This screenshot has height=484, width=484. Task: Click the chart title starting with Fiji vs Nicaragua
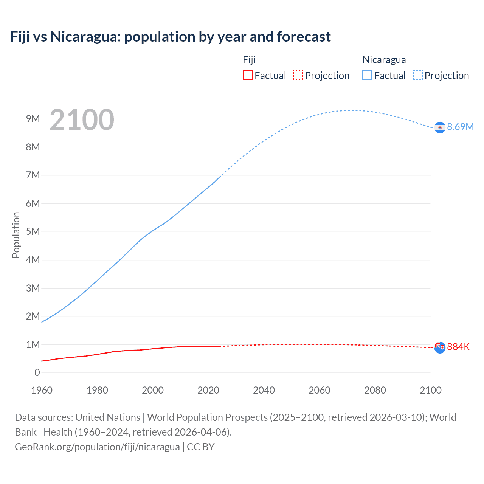tap(170, 37)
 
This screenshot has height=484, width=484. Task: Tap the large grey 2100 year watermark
tap(82, 120)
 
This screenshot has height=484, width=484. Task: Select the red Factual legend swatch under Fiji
tap(247, 75)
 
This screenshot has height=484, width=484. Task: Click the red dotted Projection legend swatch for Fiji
tap(298, 75)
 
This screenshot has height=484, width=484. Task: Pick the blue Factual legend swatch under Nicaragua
tap(367, 75)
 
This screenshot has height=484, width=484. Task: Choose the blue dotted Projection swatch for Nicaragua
tap(417, 75)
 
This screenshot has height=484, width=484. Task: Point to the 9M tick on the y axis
tap(33, 119)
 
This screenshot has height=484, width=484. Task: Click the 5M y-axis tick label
tap(33, 231)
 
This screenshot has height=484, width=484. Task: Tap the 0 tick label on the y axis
tap(37, 372)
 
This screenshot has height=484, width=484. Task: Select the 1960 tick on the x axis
tap(42, 390)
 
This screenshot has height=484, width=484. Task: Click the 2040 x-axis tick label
tap(264, 390)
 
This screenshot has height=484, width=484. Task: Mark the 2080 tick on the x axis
tap(375, 390)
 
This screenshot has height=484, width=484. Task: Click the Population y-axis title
tap(16, 235)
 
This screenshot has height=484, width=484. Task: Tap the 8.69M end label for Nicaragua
tap(460, 127)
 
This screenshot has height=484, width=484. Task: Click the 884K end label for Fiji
tap(458, 347)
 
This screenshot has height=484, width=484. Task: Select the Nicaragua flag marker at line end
tap(440, 128)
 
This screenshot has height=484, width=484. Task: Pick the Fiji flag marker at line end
tap(440, 347)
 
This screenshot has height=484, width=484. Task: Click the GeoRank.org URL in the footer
tap(97, 447)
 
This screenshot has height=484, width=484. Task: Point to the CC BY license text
tap(201, 447)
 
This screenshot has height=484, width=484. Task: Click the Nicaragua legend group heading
tap(384, 60)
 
